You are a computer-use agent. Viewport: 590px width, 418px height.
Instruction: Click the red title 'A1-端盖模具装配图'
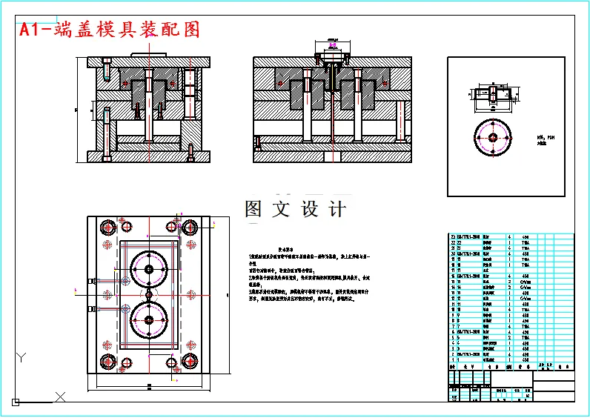coord(110,30)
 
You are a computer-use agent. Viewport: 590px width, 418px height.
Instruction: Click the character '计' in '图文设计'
coord(337,210)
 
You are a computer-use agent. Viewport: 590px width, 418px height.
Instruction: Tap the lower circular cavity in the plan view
coord(149,319)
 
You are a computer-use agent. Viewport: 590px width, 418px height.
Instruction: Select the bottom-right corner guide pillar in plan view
coord(190,361)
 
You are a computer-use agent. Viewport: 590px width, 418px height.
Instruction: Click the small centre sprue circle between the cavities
coord(149,294)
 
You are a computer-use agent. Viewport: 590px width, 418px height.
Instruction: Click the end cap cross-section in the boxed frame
coord(491,95)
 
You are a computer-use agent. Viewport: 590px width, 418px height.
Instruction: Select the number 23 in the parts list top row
coord(454,237)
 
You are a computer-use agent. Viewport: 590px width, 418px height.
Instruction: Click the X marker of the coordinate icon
coord(60,397)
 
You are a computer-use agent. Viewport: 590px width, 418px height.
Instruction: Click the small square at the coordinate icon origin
coord(14,402)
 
